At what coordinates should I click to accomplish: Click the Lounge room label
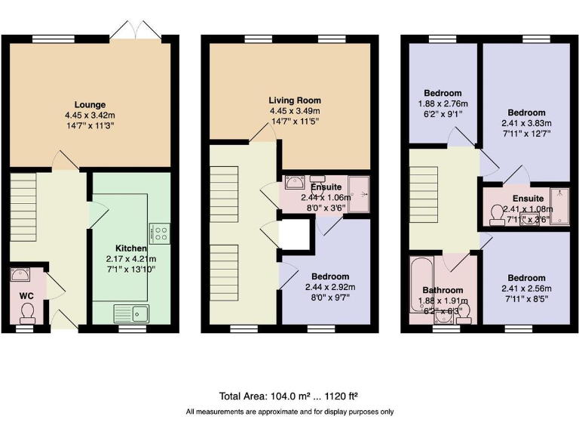coord(90,104)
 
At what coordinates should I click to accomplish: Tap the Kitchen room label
coord(130,248)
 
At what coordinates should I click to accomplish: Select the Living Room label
coord(295,100)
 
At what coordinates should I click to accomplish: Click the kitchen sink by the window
coord(132,312)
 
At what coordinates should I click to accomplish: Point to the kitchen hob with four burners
coord(160,233)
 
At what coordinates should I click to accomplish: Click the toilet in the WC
coord(28,310)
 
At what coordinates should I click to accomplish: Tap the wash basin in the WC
coord(20,276)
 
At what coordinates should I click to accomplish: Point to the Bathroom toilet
coord(465,310)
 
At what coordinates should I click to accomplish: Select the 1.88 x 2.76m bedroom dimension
coord(443,104)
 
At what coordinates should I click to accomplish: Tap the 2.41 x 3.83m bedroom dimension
coord(527,123)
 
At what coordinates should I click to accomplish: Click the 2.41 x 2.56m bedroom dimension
coord(527,288)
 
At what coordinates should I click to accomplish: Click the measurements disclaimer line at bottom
coord(289,412)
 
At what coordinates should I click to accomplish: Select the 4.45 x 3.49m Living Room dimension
coord(295,110)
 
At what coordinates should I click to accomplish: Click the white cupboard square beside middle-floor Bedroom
coord(296,233)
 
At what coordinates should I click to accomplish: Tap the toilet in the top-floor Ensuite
coord(497,217)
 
